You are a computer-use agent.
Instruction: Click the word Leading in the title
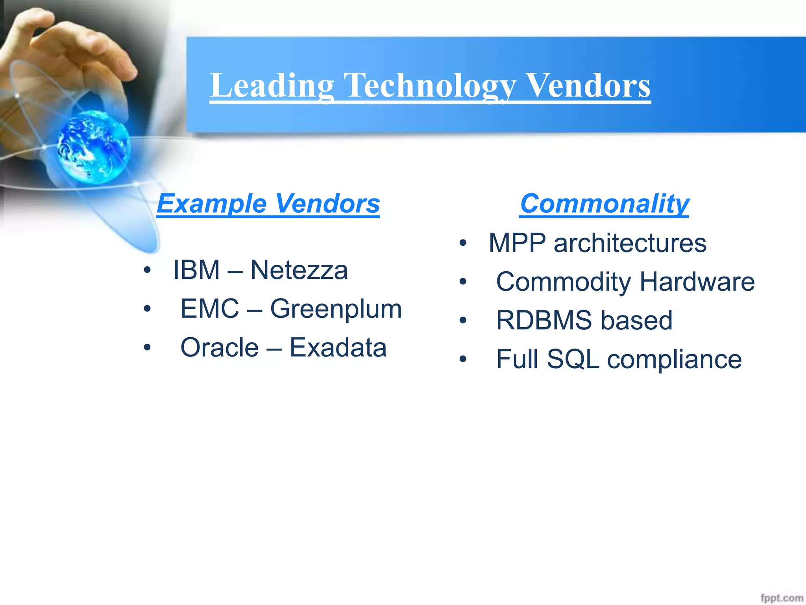coord(272,85)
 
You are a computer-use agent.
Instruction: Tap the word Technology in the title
coord(429,85)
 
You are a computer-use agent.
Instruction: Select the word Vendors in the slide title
coord(588,85)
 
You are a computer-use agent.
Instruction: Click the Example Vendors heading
coord(268,204)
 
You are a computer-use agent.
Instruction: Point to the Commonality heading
coord(604,204)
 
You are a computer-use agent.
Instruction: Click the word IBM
coord(196,270)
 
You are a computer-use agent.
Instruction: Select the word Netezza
coord(299,270)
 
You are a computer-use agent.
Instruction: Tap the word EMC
coord(209,308)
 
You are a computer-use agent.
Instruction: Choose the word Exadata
coord(338,347)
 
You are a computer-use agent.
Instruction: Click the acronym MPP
coord(517,243)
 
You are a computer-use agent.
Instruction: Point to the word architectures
coord(630,243)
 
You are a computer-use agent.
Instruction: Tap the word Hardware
coord(697,281)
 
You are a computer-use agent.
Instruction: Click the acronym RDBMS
coord(544,320)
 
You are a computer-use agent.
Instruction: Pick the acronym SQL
coord(573,359)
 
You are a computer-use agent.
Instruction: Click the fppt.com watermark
coord(782,598)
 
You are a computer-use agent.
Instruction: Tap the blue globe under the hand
coord(94,147)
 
